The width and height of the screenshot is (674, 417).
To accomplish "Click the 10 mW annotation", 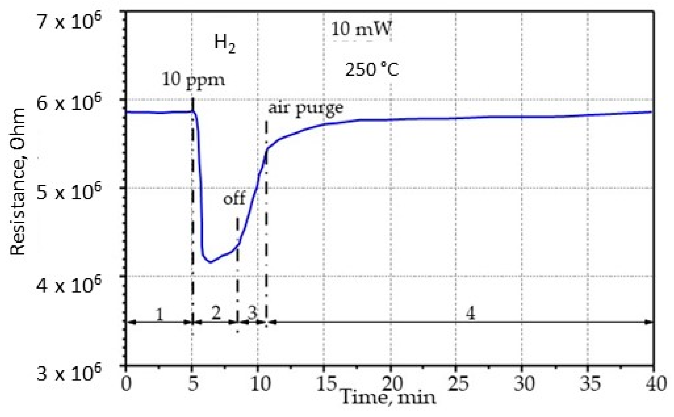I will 361,29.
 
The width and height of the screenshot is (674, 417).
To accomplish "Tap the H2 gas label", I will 225,44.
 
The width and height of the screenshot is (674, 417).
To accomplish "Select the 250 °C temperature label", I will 372,69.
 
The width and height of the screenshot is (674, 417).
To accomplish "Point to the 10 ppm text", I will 193,80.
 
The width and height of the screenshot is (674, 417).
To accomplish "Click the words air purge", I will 306,108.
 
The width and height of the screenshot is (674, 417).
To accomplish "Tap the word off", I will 234,198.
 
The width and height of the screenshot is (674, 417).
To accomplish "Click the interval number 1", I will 160,314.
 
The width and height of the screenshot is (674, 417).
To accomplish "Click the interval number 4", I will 470,313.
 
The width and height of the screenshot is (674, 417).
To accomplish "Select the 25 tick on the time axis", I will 458,383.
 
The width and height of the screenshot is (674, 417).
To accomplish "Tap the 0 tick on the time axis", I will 126,383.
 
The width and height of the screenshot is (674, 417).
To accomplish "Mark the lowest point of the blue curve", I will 210,262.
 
